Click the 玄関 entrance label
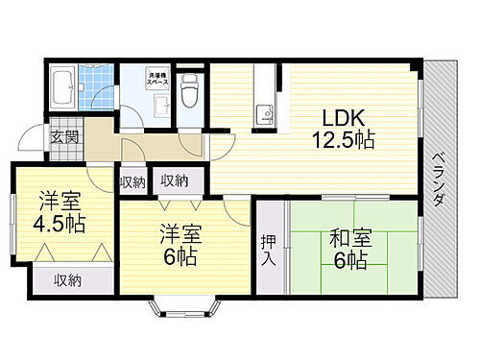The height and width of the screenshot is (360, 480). coord(63,135)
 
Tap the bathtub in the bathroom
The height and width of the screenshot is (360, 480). coord(62,89)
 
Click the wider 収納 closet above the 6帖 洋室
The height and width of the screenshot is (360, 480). coord(175,180)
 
